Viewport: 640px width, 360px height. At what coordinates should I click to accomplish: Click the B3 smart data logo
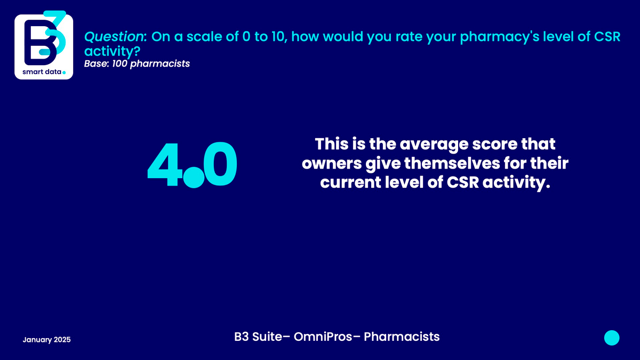(44, 45)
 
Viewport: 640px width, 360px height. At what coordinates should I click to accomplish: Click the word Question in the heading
(114, 37)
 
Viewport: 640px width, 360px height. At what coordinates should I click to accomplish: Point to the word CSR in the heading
(607, 37)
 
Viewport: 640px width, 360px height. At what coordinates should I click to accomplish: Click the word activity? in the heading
(112, 51)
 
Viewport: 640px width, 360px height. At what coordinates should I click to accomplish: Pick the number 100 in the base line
(119, 63)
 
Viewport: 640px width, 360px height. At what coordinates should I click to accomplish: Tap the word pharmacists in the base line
(159, 63)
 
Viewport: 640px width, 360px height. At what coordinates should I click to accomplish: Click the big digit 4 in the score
(165, 165)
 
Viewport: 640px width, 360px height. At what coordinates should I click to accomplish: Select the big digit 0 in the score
(220, 164)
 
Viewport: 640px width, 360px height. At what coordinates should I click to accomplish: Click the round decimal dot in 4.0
(194, 178)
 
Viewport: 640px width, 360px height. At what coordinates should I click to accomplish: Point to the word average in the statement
(434, 145)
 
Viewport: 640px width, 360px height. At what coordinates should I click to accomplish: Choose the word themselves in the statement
(452, 163)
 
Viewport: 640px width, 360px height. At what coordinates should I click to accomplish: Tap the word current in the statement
(350, 182)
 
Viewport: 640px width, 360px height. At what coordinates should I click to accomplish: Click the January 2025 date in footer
(46, 340)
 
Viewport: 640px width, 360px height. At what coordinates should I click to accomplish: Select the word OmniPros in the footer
(323, 337)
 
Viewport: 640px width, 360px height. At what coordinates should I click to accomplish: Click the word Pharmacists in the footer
(402, 337)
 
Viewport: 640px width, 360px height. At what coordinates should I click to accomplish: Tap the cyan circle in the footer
(612, 338)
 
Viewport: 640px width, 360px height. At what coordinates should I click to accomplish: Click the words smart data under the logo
(42, 71)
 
